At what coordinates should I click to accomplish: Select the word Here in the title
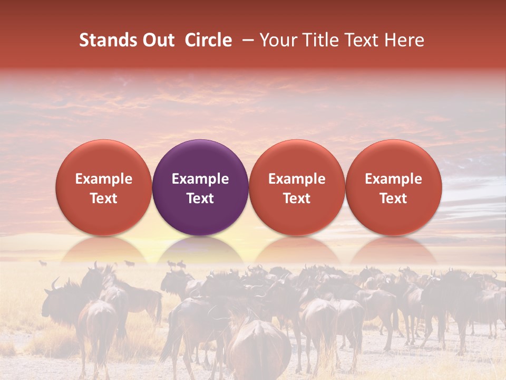(405, 40)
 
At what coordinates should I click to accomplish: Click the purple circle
(200, 187)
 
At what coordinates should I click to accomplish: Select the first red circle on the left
(104, 187)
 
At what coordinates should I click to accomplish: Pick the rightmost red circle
(393, 187)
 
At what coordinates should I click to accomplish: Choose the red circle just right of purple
(297, 187)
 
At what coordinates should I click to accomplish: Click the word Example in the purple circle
(200, 179)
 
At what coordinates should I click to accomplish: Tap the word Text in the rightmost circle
(393, 198)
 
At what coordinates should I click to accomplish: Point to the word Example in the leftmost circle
(104, 179)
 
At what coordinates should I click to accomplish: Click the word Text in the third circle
(297, 198)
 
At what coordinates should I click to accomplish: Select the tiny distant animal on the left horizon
(43, 262)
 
